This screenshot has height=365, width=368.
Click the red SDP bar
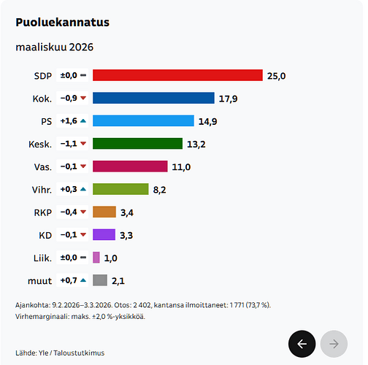(x=177, y=75)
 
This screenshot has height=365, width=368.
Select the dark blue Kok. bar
(x=153, y=98)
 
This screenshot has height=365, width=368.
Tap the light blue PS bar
(x=143, y=120)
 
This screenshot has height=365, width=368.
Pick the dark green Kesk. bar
(x=137, y=144)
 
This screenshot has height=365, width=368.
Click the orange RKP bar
(x=104, y=212)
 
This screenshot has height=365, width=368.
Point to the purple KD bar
(x=104, y=234)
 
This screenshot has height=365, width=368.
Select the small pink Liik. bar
(x=96, y=258)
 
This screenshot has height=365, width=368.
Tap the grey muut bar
(x=100, y=280)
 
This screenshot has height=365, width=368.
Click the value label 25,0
(x=276, y=76)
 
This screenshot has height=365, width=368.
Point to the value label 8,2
(x=159, y=190)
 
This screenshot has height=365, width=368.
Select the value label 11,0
(x=181, y=167)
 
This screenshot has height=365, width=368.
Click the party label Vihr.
(x=42, y=190)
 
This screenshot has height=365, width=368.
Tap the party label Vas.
(x=43, y=167)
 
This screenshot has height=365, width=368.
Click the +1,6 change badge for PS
(x=72, y=120)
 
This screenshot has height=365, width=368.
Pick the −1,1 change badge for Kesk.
(x=72, y=144)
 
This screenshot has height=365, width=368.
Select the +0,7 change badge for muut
(x=72, y=280)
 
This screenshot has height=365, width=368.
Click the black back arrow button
(x=302, y=344)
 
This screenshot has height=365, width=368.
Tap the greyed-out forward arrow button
(x=334, y=344)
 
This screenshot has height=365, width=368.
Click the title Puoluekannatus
(x=63, y=23)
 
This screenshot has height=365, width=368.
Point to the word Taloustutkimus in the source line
(x=79, y=353)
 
